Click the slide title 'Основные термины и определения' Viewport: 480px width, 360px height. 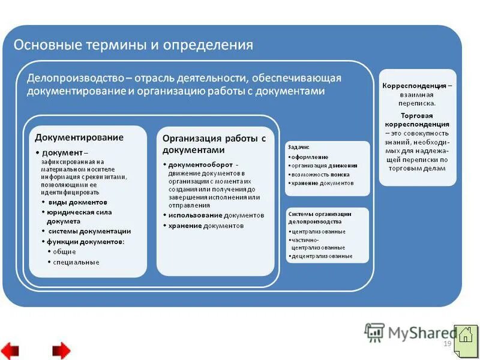133,45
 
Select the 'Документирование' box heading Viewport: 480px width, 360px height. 79,137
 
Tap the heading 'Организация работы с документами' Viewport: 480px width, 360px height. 214,144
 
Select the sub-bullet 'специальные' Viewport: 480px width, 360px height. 76,262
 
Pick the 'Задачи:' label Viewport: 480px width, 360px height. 299,147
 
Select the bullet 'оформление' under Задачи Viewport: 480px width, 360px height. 310,157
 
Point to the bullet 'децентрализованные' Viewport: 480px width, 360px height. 322,256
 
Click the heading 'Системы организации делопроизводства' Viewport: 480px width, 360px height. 320,217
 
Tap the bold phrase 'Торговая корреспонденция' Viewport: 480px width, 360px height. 416,119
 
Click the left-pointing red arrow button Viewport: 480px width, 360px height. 10,349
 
